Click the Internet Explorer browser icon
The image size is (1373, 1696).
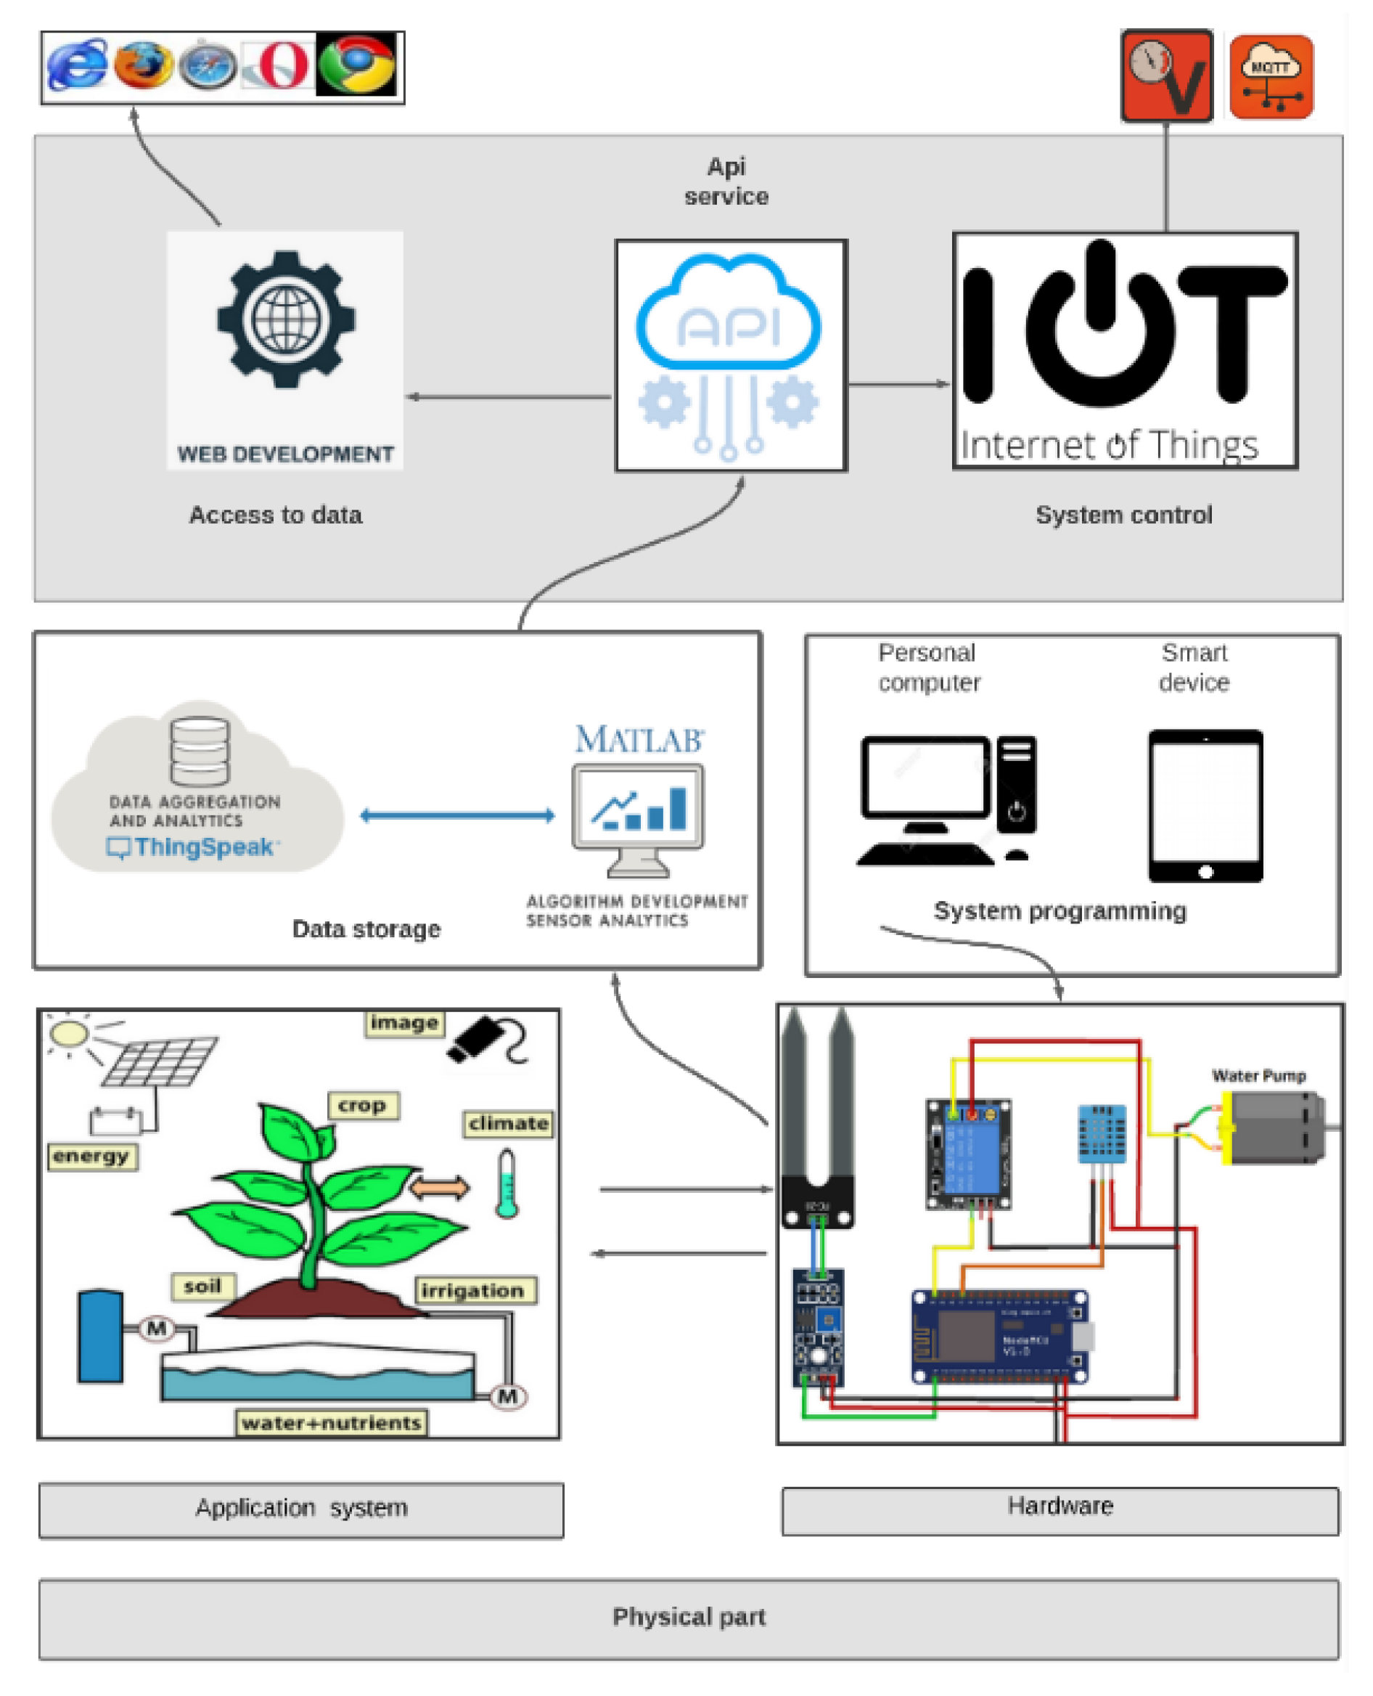[x=77, y=64]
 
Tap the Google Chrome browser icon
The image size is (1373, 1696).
[x=357, y=64]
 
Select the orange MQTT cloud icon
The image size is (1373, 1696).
[x=1271, y=77]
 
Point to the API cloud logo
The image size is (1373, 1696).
[x=729, y=313]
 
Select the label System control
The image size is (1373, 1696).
[x=1123, y=515]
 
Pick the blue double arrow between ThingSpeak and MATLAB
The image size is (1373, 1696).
[x=457, y=815]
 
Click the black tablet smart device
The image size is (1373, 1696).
[x=1205, y=805]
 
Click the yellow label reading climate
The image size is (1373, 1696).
[x=508, y=1123]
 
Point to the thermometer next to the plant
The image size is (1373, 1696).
[x=507, y=1183]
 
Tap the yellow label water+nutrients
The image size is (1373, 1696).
[x=332, y=1422]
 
